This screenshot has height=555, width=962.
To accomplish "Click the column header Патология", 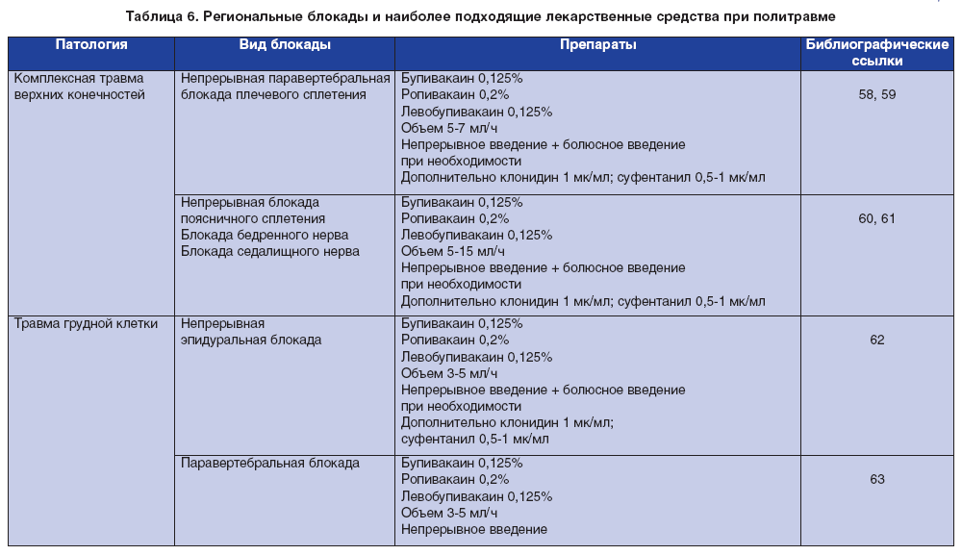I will click(x=91, y=45).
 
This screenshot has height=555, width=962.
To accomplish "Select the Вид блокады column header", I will click(x=285, y=45).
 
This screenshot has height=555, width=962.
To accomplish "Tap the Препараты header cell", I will click(x=597, y=45).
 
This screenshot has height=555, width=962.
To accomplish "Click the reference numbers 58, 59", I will click(x=875, y=95).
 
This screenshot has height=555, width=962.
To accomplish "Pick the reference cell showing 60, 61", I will click(x=875, y=218).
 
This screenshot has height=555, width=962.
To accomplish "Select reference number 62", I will click(x=875, y=340).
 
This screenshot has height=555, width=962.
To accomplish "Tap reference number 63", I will click(x=875, y=479).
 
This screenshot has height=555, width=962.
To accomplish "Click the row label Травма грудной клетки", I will click(x=86, y=323).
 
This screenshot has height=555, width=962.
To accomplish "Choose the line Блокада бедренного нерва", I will click(x=265, y=235).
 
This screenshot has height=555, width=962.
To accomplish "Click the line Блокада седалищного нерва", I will click(x=270, y=251).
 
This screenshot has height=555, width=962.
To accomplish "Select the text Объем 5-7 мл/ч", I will click(x=449, y=128).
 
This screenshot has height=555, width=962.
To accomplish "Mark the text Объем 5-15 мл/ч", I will click(x=453, y=251).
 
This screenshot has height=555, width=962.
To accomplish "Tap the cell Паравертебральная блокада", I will click(x=270, y=463).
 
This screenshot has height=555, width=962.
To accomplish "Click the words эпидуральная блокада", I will click(x=251, y=340).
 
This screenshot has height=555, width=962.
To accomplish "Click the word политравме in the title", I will click(x=799, y=16).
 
